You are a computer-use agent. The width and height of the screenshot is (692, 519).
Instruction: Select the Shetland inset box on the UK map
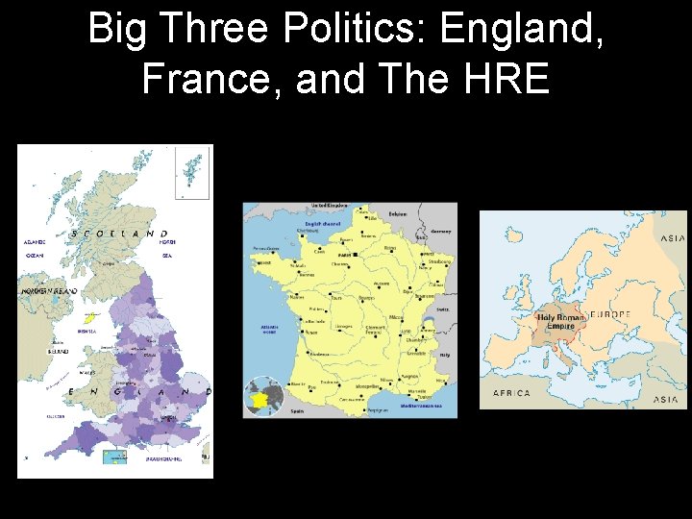coord(191,172)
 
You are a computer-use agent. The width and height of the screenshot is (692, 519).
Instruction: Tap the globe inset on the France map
coord(262,396)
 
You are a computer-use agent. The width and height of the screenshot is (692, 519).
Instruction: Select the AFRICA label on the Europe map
coord(511,393)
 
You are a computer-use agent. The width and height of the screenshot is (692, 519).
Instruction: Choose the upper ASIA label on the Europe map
coord(672,238)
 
